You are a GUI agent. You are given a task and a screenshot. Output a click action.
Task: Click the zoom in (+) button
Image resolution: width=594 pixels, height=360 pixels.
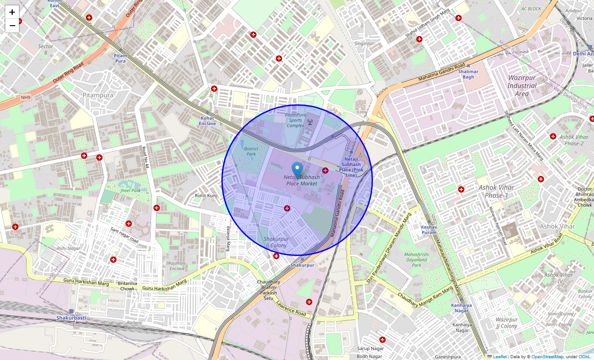click(12, 12)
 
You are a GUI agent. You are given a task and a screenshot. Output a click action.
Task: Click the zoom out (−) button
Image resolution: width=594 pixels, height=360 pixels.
click(12, 26)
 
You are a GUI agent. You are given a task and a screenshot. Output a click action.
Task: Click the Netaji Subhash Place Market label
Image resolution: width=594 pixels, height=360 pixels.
click(301, 180)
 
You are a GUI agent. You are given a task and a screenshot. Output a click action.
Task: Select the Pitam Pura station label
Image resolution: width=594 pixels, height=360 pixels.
click(120, 58)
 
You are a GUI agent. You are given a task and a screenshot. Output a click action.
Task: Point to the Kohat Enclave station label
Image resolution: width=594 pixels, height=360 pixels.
click(207, 121)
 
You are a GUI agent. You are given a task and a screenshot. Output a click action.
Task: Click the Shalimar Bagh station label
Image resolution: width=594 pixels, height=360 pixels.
click(468, 74)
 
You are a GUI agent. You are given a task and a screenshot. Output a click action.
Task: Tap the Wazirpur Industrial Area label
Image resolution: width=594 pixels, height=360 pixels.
click(522, 85)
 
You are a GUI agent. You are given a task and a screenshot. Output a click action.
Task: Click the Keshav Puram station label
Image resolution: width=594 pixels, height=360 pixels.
click(429, 229)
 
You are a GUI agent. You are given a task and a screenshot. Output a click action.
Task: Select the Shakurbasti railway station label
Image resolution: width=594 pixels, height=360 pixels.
click(71, 318)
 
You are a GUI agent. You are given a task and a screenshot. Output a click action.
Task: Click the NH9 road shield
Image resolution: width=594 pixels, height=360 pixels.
click(26, 97)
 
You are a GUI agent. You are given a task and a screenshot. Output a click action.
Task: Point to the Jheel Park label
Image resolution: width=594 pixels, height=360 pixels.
click(130, 191)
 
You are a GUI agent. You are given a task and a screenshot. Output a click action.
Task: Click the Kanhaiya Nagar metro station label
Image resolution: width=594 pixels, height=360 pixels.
click(461, 308)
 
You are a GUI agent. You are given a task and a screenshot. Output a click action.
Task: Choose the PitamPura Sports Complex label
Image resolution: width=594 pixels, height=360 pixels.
click(295, 120)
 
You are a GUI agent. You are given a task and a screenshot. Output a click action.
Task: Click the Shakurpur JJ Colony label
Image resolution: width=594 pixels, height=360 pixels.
click(276, 242)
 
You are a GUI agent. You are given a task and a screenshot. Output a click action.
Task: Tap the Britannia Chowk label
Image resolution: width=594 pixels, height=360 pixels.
click(127, 286)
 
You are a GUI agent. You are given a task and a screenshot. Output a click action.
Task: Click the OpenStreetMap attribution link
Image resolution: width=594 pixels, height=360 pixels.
click(547, 357)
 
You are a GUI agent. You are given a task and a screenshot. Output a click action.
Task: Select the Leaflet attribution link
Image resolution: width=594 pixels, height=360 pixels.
click(499, 357)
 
